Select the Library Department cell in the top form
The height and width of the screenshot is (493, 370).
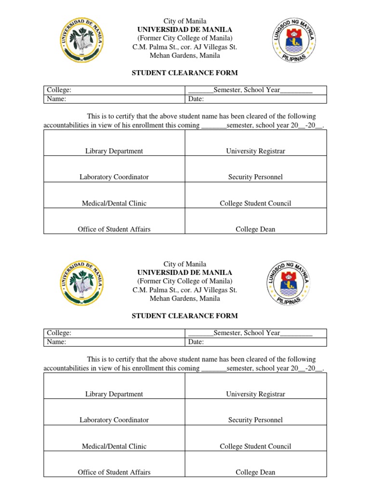point(114,151)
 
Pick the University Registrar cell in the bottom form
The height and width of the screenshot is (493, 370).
point(255,394)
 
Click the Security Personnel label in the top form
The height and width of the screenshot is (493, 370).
point(255,177)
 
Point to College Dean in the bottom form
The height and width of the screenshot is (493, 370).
point(255,472)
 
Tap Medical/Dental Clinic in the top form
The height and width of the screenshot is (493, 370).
point(114,203)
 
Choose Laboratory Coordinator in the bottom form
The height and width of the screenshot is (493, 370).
point(114,420)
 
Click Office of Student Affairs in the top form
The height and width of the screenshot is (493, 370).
point(114,229)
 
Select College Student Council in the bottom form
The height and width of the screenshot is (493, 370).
point(255,446)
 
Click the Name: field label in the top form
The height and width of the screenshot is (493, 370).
point(56,99)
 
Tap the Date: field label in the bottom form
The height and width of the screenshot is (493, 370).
point(196,342)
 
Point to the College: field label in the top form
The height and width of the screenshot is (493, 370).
point(59,91)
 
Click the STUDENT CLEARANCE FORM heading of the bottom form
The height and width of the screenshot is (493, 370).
point(185,316)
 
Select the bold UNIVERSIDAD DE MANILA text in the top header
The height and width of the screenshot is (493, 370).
point(185,30)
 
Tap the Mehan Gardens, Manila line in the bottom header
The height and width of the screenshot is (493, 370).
point(185,298)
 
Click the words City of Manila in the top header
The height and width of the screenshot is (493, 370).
point(185,21)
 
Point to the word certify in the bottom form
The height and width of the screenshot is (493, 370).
point(123,359)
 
